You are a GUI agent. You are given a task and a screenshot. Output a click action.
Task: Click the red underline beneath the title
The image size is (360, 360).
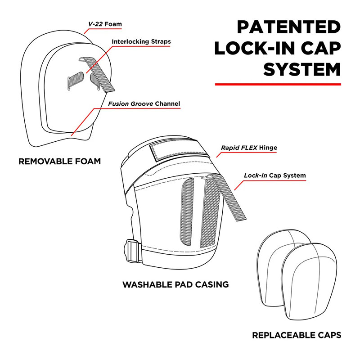[277, 84]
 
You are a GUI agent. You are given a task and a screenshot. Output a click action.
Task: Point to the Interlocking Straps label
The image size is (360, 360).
[141, 42]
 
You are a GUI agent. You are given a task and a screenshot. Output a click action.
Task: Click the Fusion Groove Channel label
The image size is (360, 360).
[144, 104]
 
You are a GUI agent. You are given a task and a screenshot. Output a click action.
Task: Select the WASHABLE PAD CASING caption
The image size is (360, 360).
[175, 284]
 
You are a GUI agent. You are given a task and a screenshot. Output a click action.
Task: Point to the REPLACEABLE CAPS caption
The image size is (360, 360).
[296, 335]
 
